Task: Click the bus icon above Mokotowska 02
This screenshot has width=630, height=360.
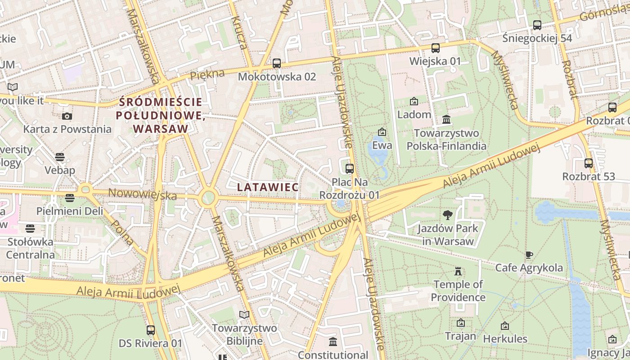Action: pos(277,63)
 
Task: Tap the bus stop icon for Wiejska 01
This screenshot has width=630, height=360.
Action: pos(435,48)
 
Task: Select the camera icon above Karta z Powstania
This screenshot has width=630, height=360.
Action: pos(67,116)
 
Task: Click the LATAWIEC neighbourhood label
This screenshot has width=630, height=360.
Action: pos(268,187)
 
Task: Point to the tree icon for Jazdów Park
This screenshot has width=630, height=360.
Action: pos(447,215)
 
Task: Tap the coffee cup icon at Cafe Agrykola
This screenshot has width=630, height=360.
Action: pos(529,255)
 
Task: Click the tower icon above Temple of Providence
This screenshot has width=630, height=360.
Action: pos(458,271)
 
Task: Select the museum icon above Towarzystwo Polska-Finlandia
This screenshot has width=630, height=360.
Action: pos(447,120)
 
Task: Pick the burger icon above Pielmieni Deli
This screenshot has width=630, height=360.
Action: pos(69,198)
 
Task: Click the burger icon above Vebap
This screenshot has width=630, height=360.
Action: pos(59,157)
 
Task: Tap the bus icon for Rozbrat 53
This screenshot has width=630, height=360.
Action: pos(589,163)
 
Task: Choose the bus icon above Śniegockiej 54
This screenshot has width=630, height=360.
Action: pos(537,25)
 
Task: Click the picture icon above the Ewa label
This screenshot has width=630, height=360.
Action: pos(382,132)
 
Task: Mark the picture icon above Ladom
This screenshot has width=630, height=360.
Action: pos(414,101)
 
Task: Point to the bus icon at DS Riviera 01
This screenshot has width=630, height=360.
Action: pos(151,330)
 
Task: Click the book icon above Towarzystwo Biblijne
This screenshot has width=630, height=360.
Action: pos(244,315)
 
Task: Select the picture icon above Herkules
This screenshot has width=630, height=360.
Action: pos(505,325)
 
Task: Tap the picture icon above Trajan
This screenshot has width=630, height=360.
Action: pos(460,323)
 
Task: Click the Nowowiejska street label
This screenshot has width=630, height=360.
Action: pos(143,195)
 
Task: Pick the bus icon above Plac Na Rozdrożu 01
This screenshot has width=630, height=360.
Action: pos(350,169)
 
